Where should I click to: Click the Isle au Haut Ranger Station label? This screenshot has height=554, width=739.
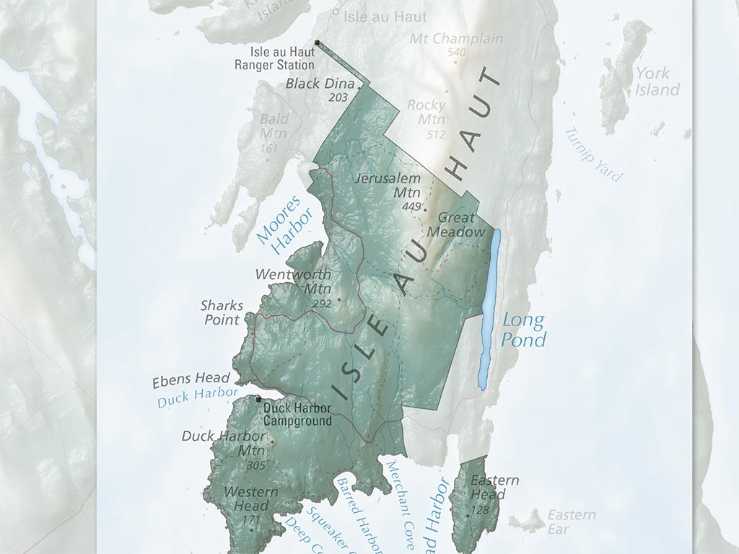274,58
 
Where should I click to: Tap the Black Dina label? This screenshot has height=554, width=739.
315,84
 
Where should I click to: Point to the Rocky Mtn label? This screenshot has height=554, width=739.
427,112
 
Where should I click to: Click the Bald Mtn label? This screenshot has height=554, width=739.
274,126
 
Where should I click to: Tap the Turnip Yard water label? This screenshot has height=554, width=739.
593,154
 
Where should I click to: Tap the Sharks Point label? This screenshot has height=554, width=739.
222,312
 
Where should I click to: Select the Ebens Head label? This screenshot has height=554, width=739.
191,379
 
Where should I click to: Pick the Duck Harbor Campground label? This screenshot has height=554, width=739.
297,414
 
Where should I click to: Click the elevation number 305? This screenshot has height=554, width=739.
255,466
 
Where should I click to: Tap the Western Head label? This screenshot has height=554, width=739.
250,498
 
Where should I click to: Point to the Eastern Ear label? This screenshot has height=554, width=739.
571,522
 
